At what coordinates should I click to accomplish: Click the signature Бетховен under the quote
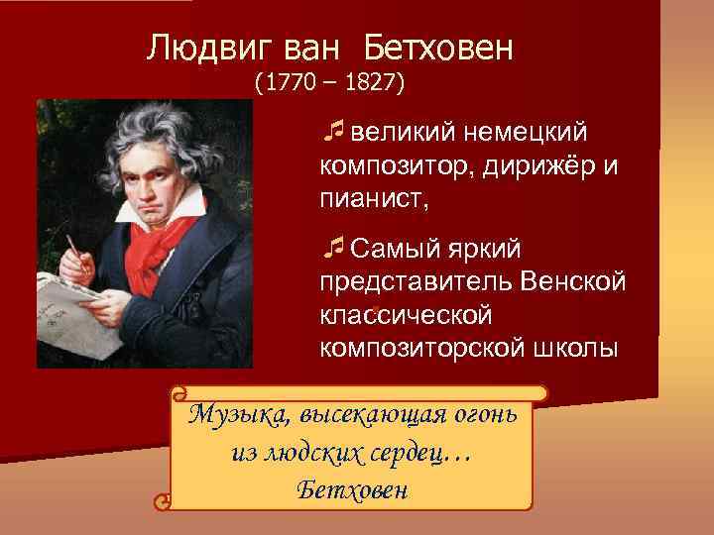tap(351, 490)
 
